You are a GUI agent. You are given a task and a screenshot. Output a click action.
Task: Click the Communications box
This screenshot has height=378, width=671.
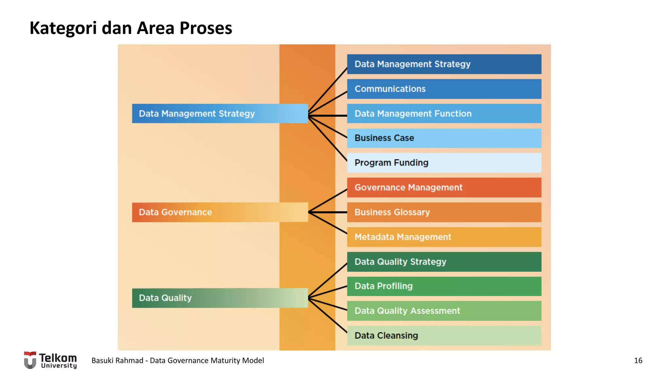coord(444,89)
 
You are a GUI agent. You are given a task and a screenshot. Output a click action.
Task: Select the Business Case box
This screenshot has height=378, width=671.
coord(444,138)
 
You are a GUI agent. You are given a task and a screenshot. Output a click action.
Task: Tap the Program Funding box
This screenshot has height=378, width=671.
coord(444,163)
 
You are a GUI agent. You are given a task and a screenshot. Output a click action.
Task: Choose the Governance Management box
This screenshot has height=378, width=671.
coord(444,187)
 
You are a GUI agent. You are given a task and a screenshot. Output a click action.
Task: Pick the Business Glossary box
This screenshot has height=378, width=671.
coord(444,212)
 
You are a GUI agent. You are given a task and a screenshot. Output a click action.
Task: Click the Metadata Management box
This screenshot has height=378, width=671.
coord(444,237)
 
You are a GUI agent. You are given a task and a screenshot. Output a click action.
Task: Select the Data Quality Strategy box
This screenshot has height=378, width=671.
coord(444,262)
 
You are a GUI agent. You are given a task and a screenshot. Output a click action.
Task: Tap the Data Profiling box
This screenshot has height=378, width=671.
coord(444,286)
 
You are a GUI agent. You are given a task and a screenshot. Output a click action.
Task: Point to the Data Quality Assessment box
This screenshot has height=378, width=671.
coord(444,311)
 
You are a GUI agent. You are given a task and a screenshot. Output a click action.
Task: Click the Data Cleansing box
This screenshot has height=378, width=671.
coord(444,335)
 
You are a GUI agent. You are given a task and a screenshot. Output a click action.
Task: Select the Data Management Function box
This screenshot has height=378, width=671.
coord(444,114)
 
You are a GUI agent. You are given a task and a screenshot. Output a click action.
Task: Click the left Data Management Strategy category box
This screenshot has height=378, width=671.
coord(220,114)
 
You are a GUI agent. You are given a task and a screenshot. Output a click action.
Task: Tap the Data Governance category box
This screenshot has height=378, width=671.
coord(220,212)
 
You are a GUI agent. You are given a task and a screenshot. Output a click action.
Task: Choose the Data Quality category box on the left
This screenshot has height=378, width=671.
coord(220,298)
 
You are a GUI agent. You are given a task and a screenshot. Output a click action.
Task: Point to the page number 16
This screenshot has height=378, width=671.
coord(638,360)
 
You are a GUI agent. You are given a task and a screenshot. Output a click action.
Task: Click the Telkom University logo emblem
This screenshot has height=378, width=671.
coord(30,360)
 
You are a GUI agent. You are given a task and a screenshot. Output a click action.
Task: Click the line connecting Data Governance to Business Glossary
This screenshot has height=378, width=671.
coord(328,212)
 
